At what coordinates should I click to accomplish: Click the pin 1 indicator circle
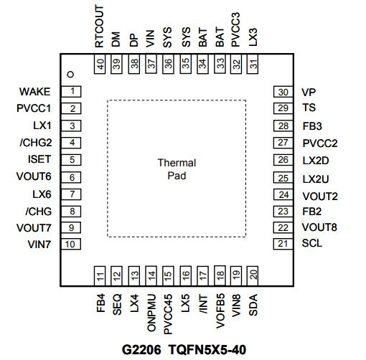(70, 75)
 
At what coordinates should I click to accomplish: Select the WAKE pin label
(35, 92)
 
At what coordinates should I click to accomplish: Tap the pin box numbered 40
(100, 64)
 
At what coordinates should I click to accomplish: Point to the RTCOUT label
(99, 27)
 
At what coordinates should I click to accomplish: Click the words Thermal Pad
(177, 169)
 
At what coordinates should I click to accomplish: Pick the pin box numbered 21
(283, 244)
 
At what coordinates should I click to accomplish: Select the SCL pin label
(312, 243)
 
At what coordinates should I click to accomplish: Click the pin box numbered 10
(71, 244)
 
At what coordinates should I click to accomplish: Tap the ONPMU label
(151, 313)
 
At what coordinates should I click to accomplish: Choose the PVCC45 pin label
(168, 314)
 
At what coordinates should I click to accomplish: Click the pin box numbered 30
(283, 92)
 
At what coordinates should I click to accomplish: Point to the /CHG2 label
(36, 143)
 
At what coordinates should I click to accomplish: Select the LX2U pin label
(316, 179)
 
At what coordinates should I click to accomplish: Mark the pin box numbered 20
(253, 275)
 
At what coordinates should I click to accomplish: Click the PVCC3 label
(235, 29)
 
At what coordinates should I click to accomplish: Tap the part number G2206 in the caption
(141, 350)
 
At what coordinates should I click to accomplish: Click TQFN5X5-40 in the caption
(207, 350)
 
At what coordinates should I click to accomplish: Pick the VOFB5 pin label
(220, 311)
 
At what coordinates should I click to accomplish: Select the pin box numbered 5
(71, 160)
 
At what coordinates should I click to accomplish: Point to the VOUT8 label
(319, 227)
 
